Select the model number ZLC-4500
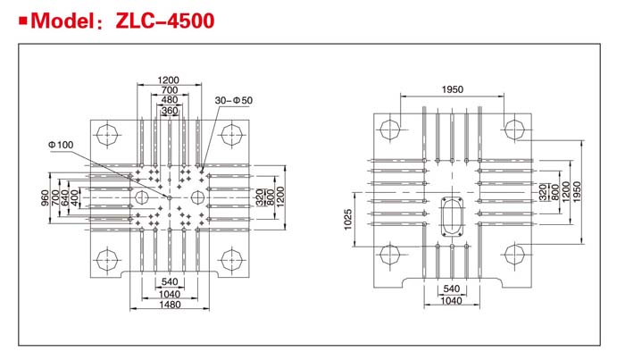[164, 21]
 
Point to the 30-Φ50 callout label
[234, 100]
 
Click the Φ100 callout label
[61, 145]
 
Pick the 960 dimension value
[45, 197]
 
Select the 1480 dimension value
[170, 305]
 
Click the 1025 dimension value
[348, 220]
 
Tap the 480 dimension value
[170, 100]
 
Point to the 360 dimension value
[170, 111]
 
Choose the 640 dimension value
[65, 197]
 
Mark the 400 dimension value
[74, 197]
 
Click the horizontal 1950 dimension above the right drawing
[453, 89]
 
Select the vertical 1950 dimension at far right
[577, 192]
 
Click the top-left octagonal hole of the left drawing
[107, 135]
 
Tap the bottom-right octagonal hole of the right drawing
[514, 254]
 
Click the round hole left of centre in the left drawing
[141, 197]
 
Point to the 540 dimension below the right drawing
[452, 289]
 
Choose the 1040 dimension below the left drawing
[170, 294]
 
